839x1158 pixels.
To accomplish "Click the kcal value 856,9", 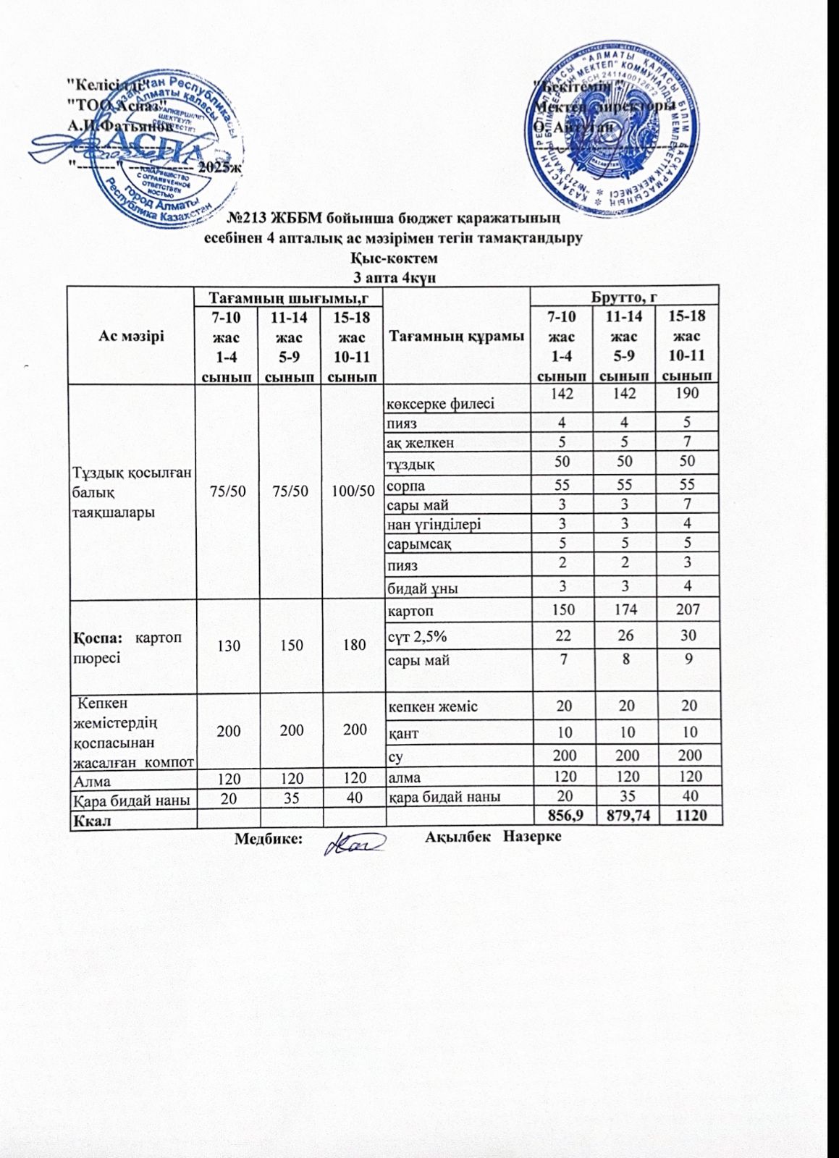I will click(x=561, y=816).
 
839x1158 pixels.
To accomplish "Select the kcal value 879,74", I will click(x=623, y=816).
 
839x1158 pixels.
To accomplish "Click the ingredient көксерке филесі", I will click(x=441, y=403).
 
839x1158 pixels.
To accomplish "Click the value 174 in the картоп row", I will click(x=623, y=609).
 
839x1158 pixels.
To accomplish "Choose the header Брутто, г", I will click(x=624, y=296).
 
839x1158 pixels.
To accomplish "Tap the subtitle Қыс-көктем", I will click(x=395, y=258).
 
